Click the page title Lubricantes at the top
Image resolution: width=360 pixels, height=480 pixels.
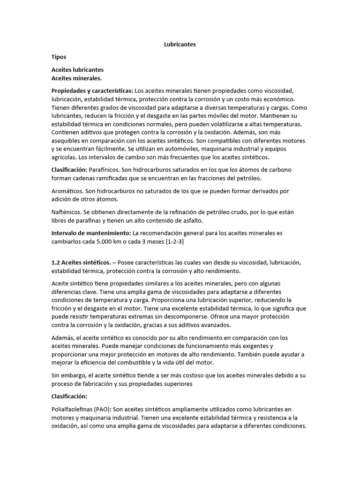[180, 45]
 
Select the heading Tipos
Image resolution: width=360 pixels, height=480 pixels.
[59, 57]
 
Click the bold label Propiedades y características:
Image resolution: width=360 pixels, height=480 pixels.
[92, 90]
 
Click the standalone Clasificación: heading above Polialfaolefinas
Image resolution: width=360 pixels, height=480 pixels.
[69, 396]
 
